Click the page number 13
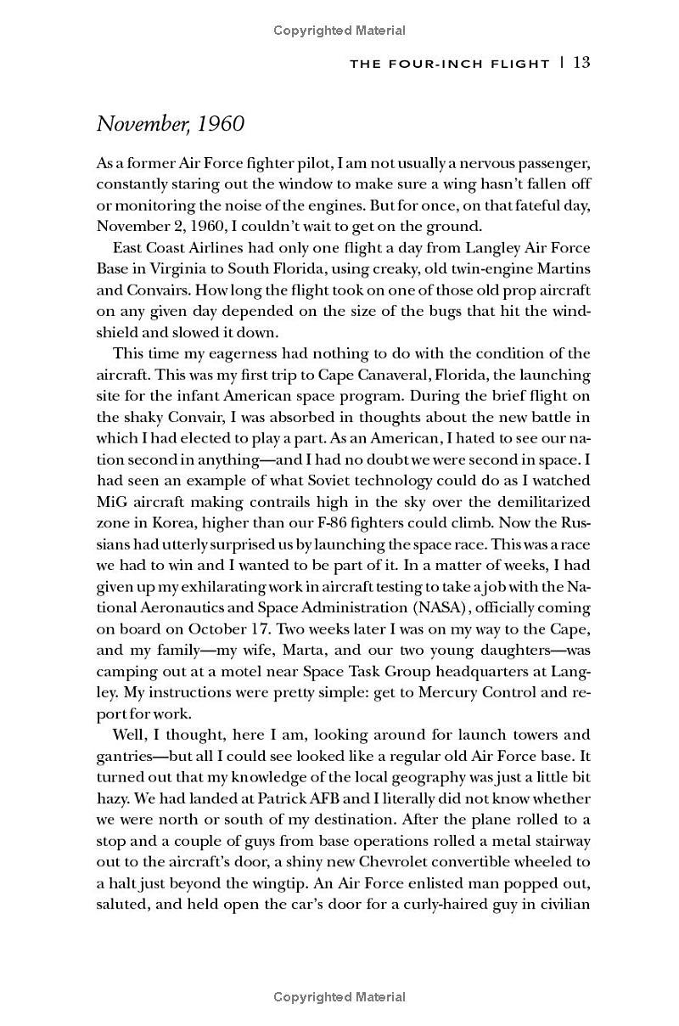pos(581,62)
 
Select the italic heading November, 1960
pos(171,124)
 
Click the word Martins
pos(558,268)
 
